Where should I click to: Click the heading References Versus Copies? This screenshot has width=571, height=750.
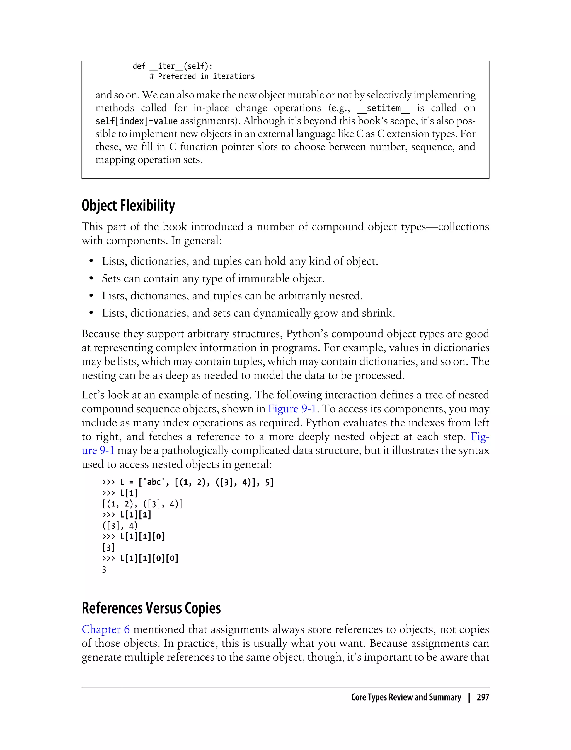coord(151,608)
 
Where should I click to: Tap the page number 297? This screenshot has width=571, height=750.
coord(483,697)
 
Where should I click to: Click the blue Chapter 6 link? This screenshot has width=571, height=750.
coord(106,629)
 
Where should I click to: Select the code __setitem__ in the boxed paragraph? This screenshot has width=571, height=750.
coord(384,109)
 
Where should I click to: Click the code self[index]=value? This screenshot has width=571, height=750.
coord(137,121)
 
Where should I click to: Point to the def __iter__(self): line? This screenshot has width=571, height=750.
coord(172,66)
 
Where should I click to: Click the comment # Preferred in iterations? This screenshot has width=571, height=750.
coord(202,76)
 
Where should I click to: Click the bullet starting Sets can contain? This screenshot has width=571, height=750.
coord(213,278)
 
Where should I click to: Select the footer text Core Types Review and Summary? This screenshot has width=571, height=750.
coord(406,697)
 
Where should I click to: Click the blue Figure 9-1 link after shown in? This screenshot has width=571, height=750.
coord(292,409)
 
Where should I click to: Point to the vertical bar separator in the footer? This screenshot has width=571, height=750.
coord(469,697)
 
